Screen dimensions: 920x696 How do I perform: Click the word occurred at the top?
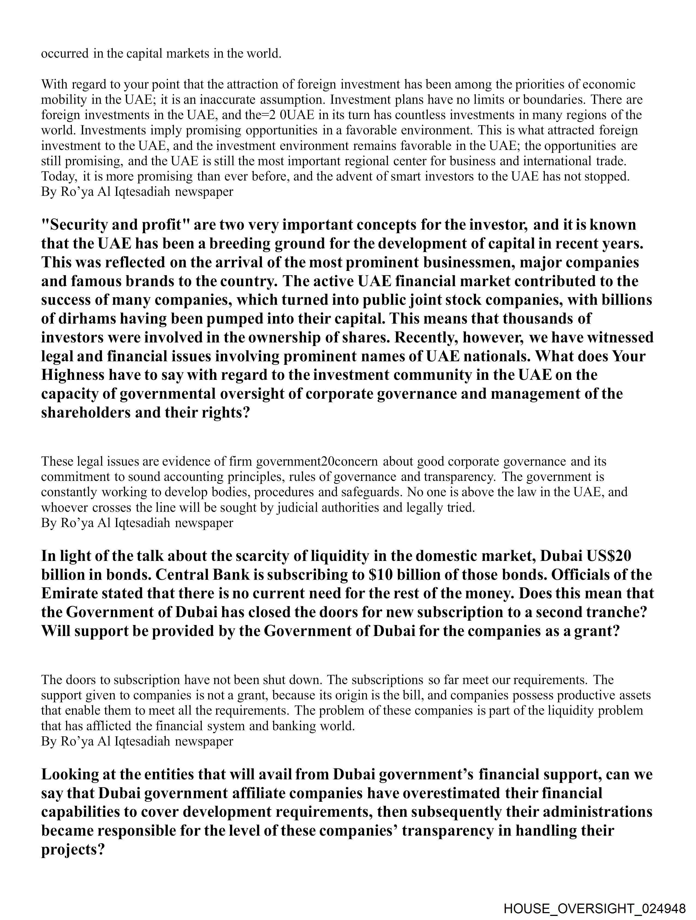coord(65,54)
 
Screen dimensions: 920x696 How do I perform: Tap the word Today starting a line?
coord(59,176)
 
